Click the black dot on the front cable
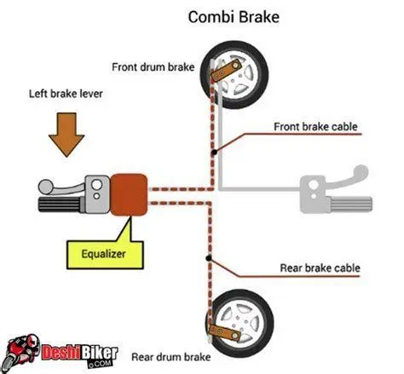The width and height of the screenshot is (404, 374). tap(214, 150)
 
